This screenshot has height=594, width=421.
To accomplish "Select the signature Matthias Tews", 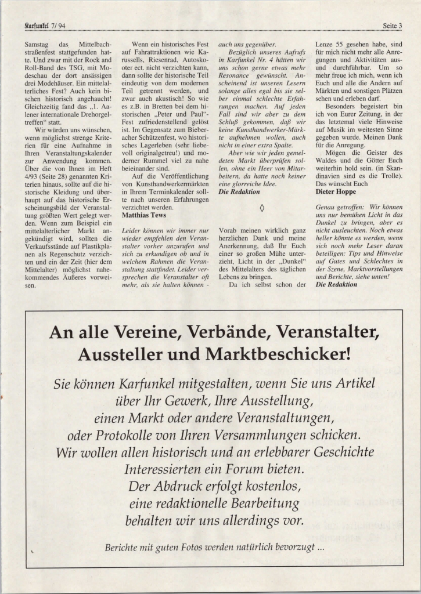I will point(143,214).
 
